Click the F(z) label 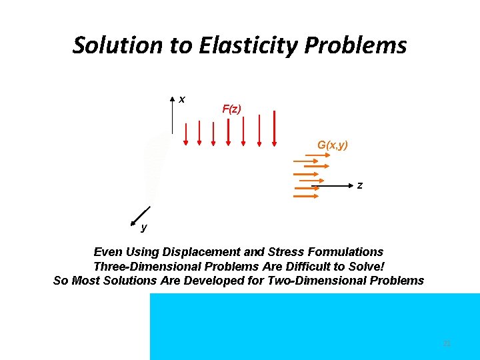point(231,109)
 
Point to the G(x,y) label point(333,145)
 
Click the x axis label point(182,99)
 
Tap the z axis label point(360,185)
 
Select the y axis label point(144,228)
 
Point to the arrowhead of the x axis point(173,101)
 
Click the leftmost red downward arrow point(185,133)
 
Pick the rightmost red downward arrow point(274,128)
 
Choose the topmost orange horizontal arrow point(317,156)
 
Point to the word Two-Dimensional point(322,281)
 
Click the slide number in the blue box point(447,343)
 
